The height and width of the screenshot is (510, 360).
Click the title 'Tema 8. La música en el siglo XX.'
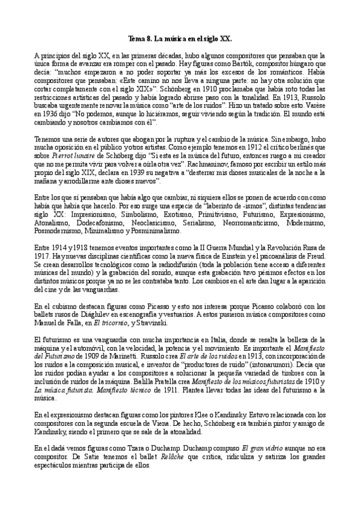[180, 37]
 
